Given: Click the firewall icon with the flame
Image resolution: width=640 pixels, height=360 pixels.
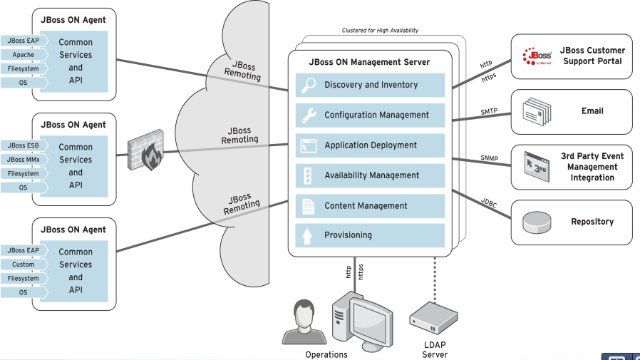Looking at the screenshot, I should pos(145,150).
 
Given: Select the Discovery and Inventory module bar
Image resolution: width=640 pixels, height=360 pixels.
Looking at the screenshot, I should pos(370,85).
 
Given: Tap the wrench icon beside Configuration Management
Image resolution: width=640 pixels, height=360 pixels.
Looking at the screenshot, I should pos(309,115).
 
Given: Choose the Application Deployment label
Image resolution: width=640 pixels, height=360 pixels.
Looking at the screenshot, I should pos(371,145).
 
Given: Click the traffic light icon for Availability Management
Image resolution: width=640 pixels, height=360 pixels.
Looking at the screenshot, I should pos(309,175).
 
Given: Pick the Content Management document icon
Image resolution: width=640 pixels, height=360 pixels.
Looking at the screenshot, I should pos(309,206).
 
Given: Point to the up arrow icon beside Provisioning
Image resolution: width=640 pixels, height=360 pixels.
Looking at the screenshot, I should pos(309,235).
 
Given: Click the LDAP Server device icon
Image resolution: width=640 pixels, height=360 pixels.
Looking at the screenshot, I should pos(433,317).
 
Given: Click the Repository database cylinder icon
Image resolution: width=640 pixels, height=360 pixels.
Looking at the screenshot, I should pos(537,222).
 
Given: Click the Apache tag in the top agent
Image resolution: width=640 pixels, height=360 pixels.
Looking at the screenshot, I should pos(23,54).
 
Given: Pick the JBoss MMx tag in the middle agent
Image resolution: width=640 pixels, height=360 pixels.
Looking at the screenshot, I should pos(23,160).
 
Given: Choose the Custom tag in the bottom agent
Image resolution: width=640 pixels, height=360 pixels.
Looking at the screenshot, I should pos(23,264).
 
